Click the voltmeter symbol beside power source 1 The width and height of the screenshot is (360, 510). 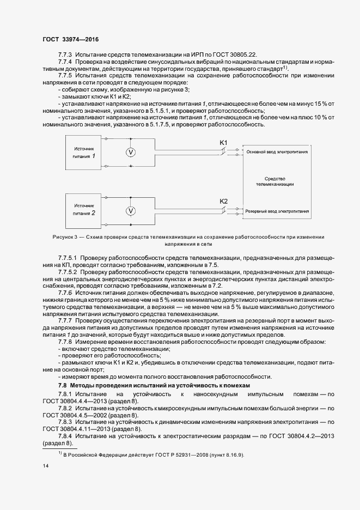click(131, 153)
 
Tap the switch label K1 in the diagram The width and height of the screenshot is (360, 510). click(223, 143)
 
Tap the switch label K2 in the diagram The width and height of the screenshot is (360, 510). click(223, 201)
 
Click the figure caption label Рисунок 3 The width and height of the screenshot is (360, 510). click(64, 237)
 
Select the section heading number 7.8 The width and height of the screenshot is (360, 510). click(63, 385)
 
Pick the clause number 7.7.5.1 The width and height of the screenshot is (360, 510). click(68, 256)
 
